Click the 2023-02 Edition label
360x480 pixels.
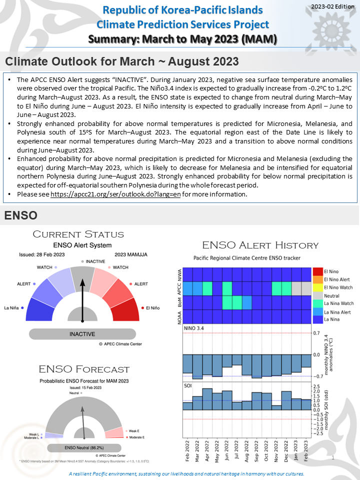point(331,6)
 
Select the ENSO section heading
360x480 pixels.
point(20,215)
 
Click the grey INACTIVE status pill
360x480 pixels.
point(82,334)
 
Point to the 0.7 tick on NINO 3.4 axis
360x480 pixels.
point(316,332)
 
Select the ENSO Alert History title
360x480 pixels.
point(260,245)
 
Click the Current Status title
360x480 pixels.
point(78,234)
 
